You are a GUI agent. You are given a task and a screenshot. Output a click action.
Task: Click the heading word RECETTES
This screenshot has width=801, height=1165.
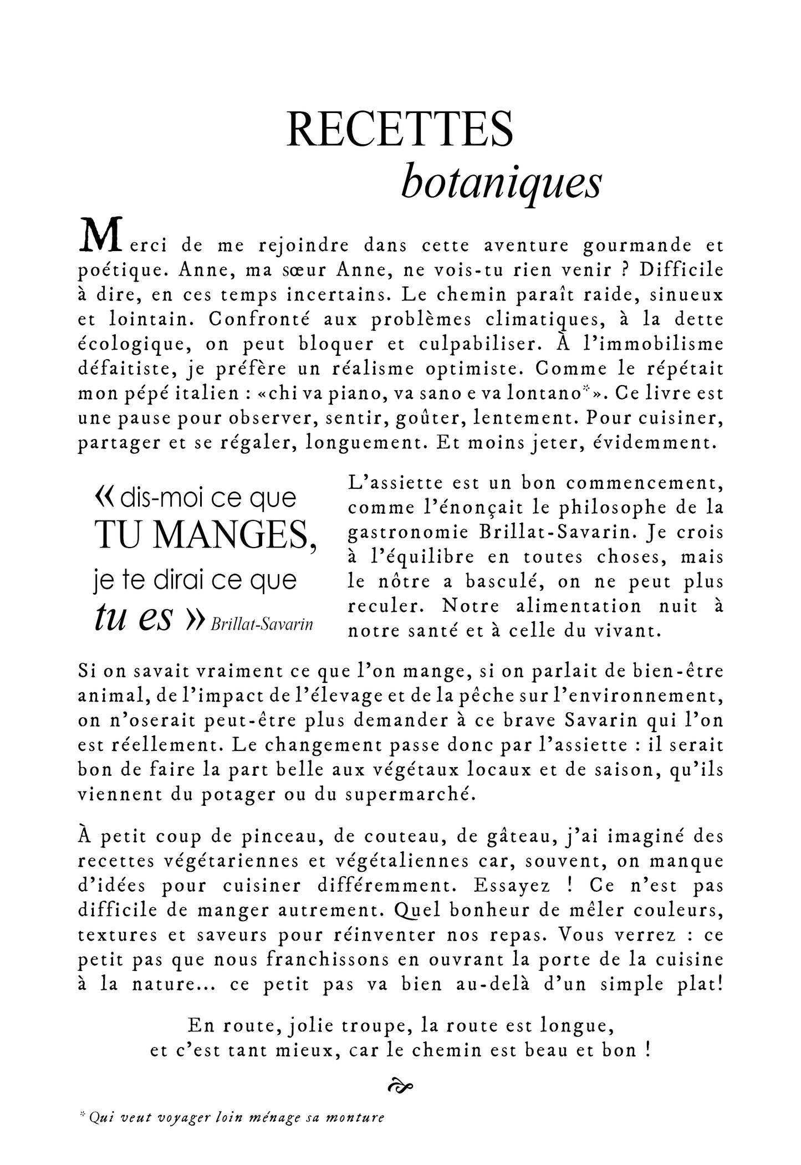400,129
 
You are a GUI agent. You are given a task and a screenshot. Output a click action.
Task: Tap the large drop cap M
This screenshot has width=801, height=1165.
99,236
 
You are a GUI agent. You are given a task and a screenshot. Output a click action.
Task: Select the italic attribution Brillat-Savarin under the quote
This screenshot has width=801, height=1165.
262,625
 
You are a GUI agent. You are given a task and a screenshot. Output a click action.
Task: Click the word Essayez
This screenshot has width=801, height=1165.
512,885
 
